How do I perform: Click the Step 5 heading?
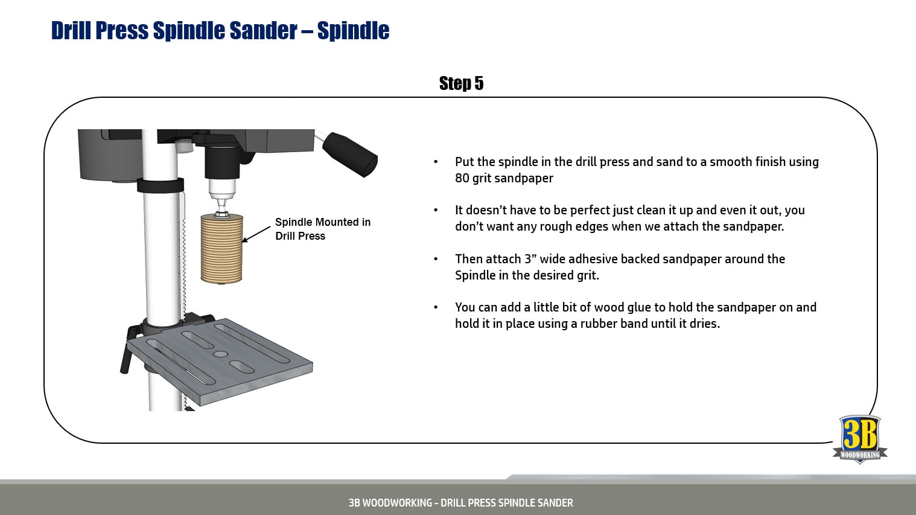[x=461, y=83]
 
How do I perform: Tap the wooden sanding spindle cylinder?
[x=221, y=249]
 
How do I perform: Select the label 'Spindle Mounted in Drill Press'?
[x=322, y=229]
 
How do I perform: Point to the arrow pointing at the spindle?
[x=256, y=234]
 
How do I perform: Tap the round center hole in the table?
[x=220, y=354]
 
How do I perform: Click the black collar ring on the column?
[x=160, y=185]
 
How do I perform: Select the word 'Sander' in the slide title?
[x=266, y=30]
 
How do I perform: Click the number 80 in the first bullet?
[x=462, y=178]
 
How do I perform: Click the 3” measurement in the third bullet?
[x=530, y=259]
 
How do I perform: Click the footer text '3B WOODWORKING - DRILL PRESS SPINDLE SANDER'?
[x=460, y=502]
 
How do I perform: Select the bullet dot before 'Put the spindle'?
[x=436, y=162]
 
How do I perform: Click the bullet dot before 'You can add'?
[x=436, y=308]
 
